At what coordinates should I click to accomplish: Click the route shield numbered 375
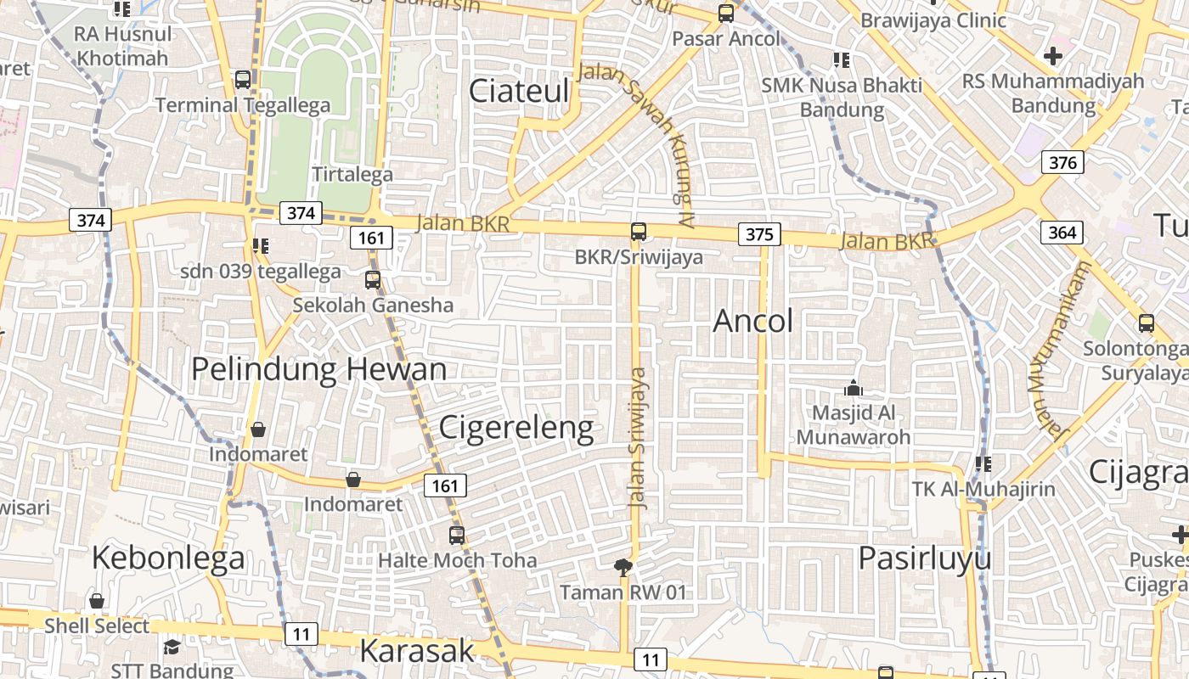759,233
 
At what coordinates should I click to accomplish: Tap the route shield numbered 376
1062,162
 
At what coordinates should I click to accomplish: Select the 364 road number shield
1062,232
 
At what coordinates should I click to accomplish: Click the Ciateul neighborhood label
518,91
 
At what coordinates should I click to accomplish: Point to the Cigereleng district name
516,427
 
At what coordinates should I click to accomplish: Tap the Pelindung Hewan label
318,370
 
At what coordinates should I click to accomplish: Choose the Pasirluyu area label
924,558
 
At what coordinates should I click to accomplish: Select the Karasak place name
416,650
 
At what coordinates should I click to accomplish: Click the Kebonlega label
168,558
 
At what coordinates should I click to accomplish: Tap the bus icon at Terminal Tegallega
243,80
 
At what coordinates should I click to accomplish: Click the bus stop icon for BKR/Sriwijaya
639,232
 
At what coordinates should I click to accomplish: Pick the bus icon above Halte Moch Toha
457,536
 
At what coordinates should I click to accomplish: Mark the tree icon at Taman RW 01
623,568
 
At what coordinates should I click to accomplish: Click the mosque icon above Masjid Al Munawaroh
854,389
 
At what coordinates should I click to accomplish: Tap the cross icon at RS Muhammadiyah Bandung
1053,57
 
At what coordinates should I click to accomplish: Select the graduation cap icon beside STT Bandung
172,648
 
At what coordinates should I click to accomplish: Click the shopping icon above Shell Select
97,601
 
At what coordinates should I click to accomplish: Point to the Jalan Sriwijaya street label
639,437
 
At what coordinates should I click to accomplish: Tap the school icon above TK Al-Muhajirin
983,464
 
